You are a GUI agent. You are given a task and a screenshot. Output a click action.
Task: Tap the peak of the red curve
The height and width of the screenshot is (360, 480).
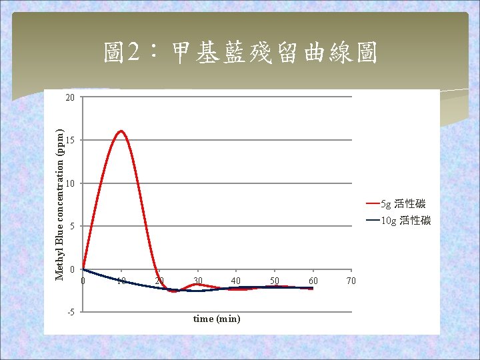click(121, 131)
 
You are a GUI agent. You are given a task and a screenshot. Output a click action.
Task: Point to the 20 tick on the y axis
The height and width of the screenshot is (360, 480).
click(70, 97)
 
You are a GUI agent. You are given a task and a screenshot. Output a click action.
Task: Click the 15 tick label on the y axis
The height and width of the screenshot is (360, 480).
click(70, 141)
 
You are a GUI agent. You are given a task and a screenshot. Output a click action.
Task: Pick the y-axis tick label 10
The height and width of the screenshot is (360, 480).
click(70, 183)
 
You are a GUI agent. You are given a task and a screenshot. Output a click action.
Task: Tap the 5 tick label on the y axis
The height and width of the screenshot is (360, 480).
click(72, 227)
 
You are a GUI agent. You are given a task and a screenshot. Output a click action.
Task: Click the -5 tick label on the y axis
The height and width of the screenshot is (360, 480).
click(70, 312)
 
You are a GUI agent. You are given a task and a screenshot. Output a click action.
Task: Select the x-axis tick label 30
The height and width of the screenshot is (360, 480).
click(198, 281)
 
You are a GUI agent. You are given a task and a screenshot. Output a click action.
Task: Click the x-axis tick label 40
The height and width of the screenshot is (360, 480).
click(236, 281)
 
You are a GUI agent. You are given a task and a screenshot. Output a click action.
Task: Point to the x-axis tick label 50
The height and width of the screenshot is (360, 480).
click(275, 281)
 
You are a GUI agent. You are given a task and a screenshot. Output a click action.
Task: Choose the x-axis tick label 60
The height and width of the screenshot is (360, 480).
click(313, 281)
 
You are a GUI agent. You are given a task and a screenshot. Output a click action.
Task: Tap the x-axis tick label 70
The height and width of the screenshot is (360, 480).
click(351, 281)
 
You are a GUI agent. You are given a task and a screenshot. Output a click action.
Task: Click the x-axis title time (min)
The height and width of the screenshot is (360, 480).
click(217, 319)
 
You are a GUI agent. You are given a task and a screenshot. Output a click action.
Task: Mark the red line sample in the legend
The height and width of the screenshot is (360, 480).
click(372, 203)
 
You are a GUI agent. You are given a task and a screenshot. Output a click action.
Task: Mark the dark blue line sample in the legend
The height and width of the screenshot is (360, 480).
click(372, 221)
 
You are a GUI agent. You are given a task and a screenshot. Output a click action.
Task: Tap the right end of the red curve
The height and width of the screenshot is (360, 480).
click(312, 289)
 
